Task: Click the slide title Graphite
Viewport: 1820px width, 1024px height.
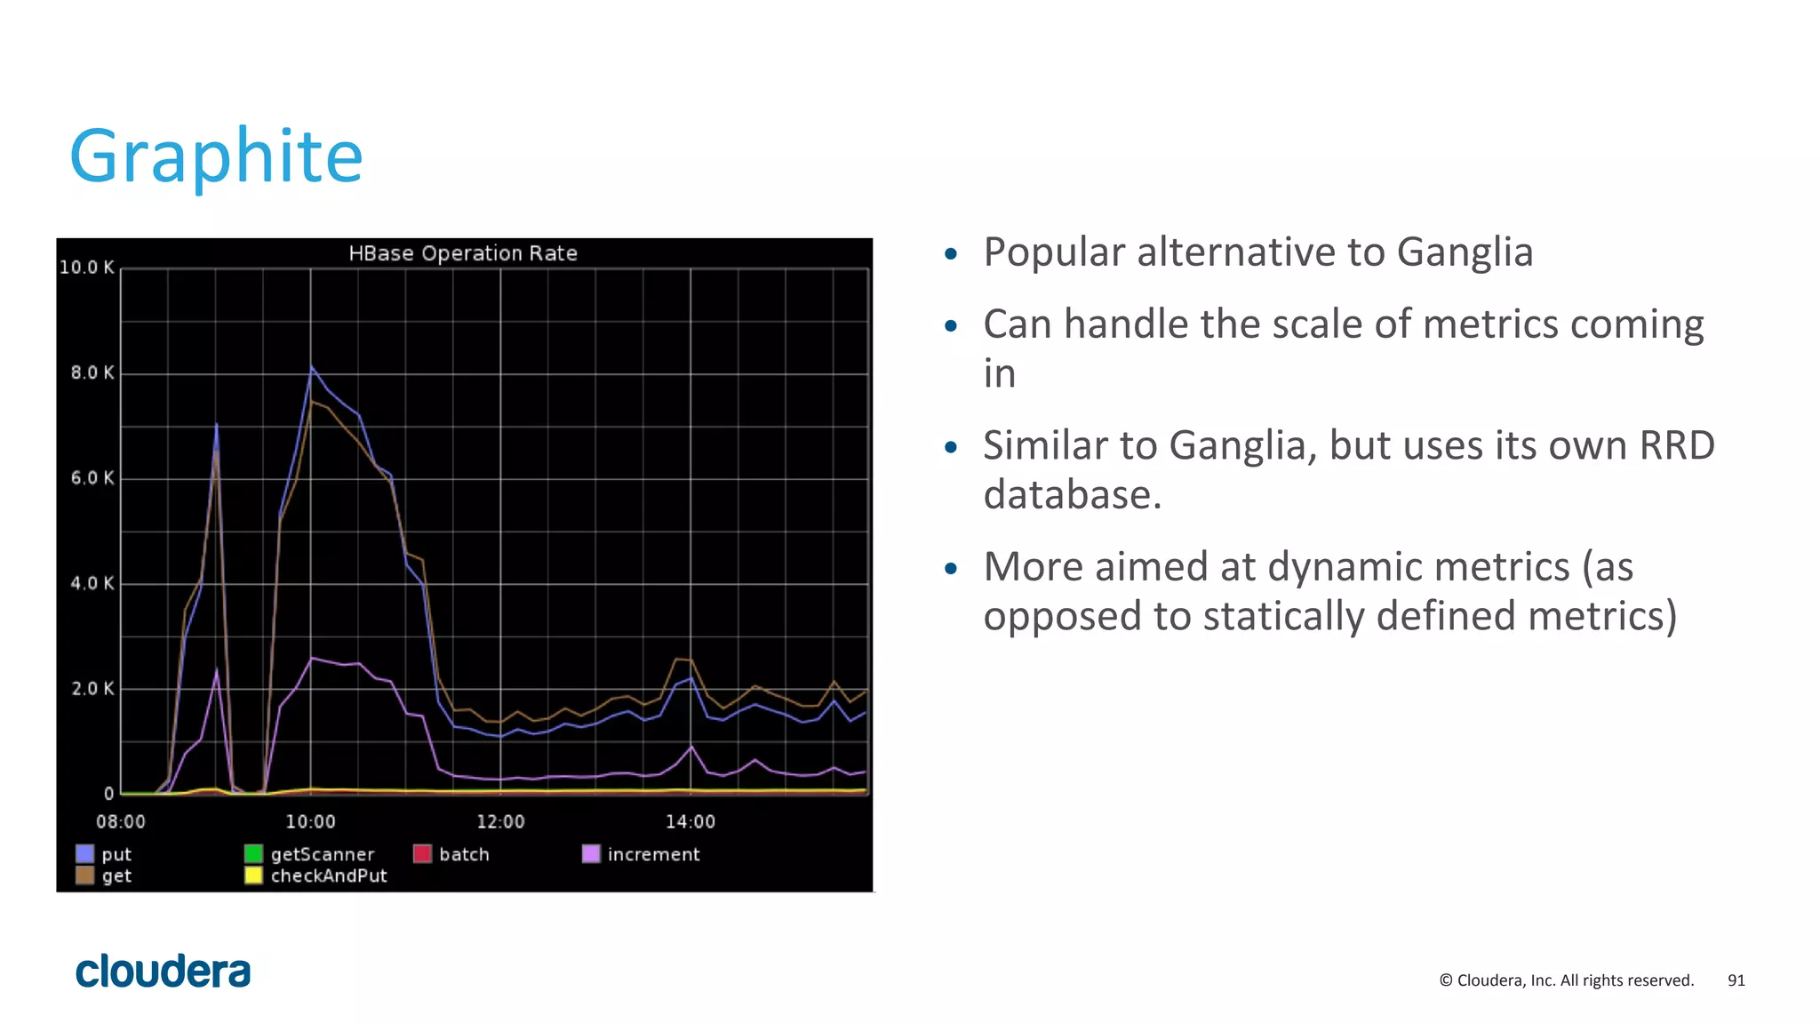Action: [216, 156]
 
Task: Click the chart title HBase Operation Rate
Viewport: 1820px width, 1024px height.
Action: [462, 253]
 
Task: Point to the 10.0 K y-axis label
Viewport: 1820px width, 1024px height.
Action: [86, 268]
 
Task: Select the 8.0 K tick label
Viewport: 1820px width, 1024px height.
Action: [92, 373]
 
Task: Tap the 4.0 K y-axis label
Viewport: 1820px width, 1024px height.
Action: [92, 584]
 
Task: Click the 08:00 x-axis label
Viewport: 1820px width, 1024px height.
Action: [120, 822]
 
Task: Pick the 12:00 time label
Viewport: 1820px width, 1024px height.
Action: [500, 822]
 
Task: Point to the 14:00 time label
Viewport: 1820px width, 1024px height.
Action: [690, 822]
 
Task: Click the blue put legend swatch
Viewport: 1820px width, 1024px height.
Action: [85, 854]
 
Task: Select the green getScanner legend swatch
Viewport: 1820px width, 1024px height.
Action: [253, 854]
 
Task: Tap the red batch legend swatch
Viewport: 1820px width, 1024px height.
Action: [422, 854]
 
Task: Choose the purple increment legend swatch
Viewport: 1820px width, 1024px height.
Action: [591, 854]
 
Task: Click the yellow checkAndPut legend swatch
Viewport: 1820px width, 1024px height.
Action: [253, 876]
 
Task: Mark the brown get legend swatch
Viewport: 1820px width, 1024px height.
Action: [85, 876]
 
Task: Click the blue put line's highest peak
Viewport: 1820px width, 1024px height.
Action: [311, 366]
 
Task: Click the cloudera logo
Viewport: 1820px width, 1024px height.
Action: [164, 972]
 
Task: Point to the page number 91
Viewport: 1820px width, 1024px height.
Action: [1736, 980]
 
